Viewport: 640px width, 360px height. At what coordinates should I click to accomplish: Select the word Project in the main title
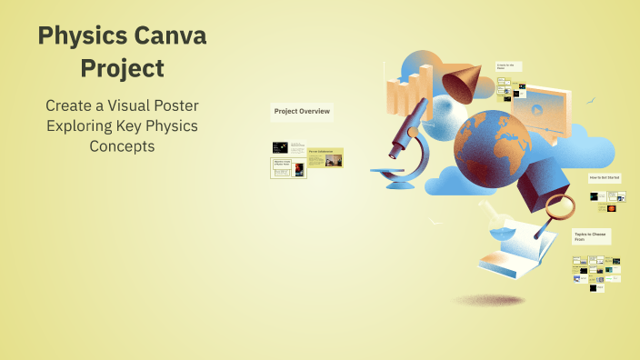pos(122,68)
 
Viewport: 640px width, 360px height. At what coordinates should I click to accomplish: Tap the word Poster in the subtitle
pos(175,105)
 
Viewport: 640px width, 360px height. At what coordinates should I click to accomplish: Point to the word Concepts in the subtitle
pos(122,145)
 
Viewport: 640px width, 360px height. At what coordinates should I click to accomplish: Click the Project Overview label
pos(302,113)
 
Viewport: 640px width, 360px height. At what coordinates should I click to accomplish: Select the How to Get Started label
pos(605,177)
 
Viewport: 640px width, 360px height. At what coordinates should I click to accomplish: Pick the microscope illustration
pos(405,145)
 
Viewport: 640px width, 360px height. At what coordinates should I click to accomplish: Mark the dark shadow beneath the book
pos(489,299)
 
